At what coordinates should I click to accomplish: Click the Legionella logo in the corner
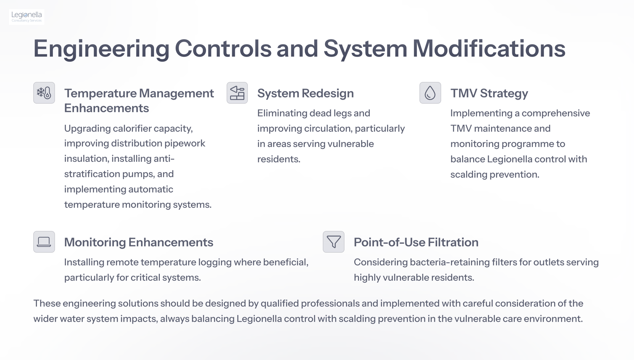27,17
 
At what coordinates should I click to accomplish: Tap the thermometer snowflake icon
44,93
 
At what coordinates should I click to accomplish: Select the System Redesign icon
237,93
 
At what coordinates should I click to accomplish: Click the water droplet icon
430,93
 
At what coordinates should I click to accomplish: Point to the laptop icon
44,242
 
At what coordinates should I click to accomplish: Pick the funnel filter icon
334,242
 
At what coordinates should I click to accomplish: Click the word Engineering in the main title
101,49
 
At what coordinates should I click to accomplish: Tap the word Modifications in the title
489,49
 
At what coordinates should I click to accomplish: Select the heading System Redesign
305,93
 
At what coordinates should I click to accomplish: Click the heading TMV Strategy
489,93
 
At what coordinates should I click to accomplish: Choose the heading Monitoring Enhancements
139,242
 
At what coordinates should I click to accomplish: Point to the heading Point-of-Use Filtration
416,242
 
